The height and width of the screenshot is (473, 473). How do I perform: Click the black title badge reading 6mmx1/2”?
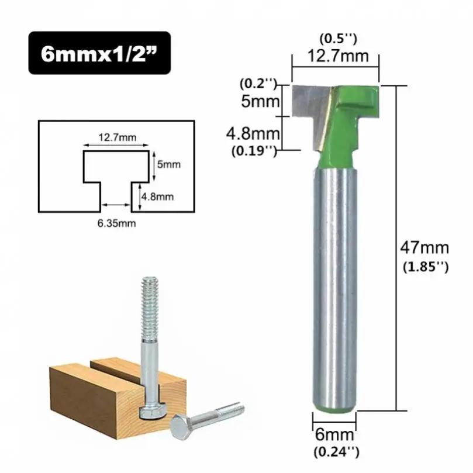pyautogui.click(x=99, y=53)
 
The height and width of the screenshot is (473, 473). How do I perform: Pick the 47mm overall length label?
pyautogui.click(x=423, y=247)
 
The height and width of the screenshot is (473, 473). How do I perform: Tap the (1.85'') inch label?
pyautogui.click(x=425, y=267)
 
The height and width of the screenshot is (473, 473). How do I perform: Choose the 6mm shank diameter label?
pyautogui.click(x=335, y=435)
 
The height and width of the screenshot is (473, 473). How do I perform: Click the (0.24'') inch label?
pyautogui.click(x=335, y=451)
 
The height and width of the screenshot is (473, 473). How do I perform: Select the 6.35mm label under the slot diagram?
pyautogui.click(x=113, y=223)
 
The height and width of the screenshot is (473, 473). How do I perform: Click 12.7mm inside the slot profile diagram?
pyautogui.click(x=117, y=137)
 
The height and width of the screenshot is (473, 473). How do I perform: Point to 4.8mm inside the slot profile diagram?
pyautogui.click(x=159, y=196)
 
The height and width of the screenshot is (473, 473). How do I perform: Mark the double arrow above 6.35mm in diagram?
pyautogui.click(x=114, y=205)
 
